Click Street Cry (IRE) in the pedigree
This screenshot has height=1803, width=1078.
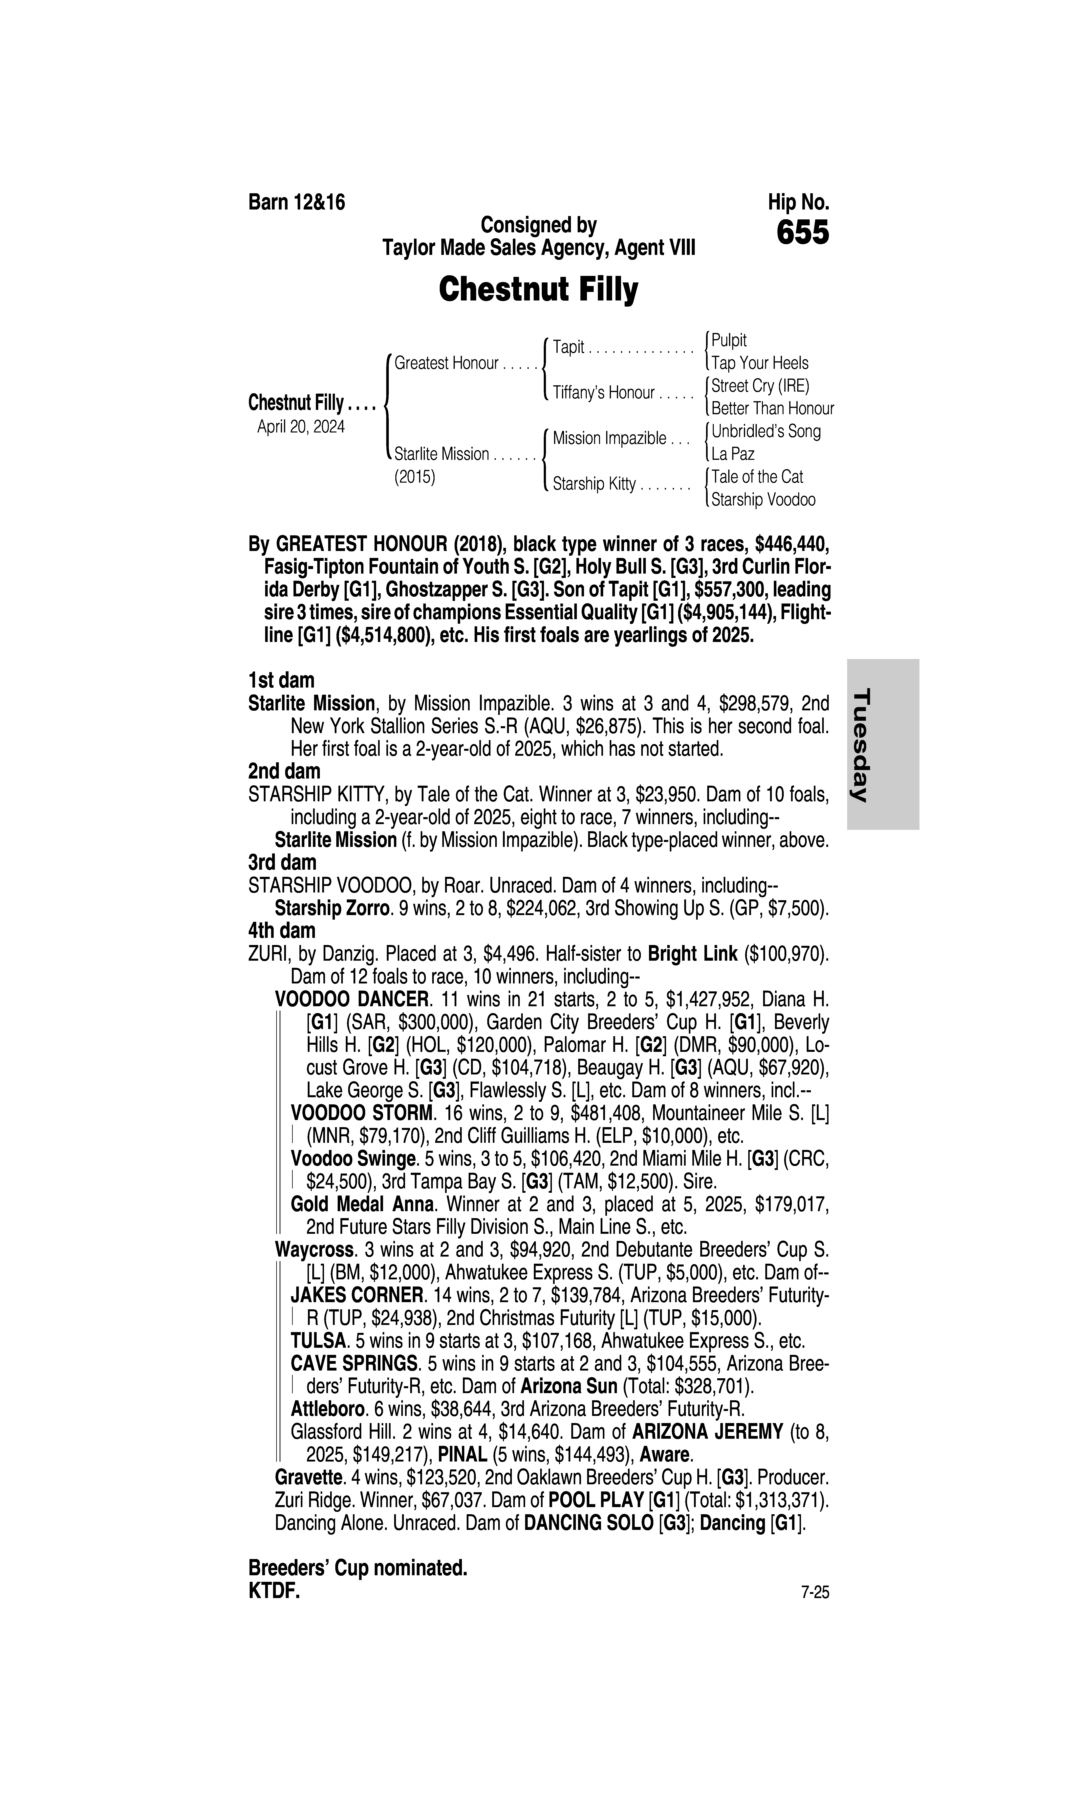[760, 386]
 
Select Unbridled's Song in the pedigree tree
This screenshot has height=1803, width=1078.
[766, 431]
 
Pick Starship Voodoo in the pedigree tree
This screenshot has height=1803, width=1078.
[763, 500]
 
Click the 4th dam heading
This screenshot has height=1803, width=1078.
[282, 931]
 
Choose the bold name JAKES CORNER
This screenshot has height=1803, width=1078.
[357, 1295]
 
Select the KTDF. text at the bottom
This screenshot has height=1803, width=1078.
[274, 1591]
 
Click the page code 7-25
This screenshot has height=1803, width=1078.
[814, 1592]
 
